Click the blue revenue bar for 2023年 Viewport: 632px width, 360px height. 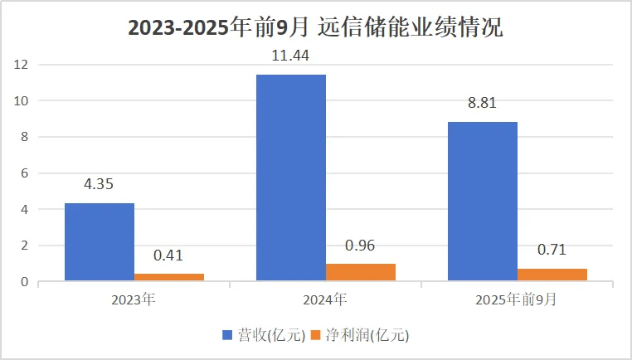coord(100,242)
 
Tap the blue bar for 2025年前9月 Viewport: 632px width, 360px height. coord(483,202)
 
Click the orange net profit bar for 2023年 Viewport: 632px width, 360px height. coord(169,277)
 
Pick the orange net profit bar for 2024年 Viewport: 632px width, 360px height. coord(361,272)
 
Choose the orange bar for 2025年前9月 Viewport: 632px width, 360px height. coord(552,275)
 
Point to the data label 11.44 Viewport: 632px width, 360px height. coord(291,56)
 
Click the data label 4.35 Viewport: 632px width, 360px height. coord(100,185)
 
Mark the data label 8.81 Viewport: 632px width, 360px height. coord(483,105)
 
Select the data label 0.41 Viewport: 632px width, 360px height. coord(169,256)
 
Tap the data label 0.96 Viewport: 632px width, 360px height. coord(361,246)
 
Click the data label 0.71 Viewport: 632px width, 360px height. coord(552,251)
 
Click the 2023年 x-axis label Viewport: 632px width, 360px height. coord(134,298)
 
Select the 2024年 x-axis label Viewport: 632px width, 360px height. coord(325,298)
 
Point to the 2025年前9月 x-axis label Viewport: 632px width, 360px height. coord(517,298)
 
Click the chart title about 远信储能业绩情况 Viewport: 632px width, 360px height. coord(315,27)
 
